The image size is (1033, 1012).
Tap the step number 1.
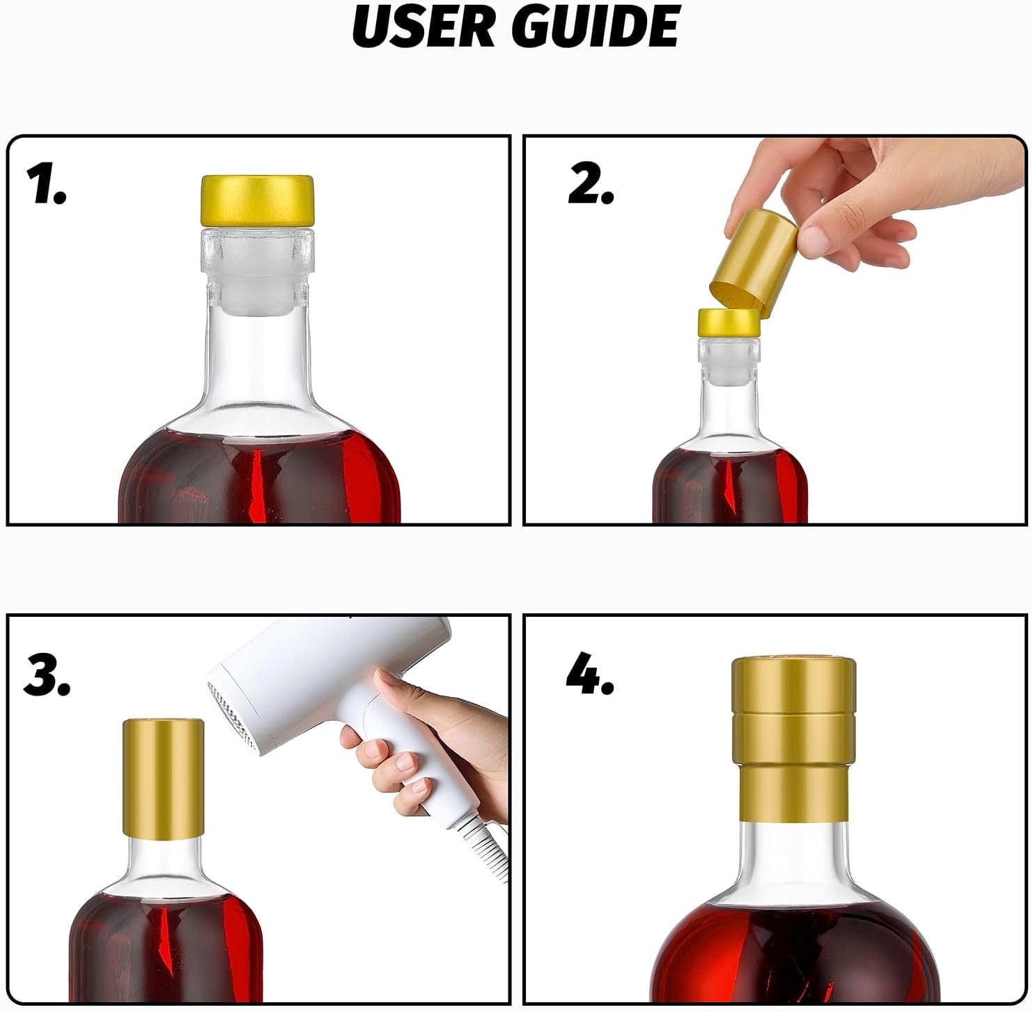(46, 185)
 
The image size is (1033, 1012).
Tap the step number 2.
(591, 185)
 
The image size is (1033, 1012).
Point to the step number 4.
(590, 675)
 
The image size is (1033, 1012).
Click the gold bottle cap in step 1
(257, 201)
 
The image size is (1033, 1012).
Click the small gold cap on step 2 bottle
(729, 323)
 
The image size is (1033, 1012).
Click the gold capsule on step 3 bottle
(163, 778)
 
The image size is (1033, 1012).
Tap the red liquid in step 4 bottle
(794, 955)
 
